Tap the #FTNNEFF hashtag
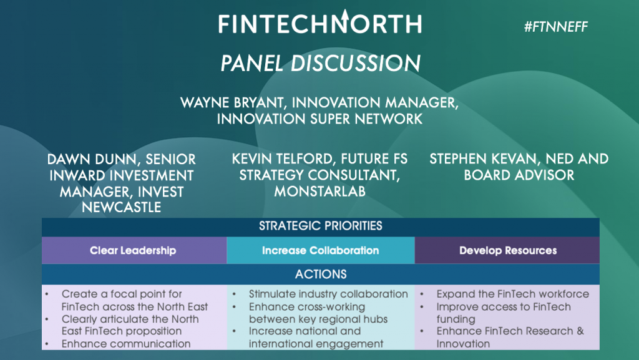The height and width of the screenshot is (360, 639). click(556, 27)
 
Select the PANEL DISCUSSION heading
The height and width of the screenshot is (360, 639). click(320, 63)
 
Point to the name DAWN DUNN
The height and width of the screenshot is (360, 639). click(92, 159)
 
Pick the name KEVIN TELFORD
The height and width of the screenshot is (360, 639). click(283, 159)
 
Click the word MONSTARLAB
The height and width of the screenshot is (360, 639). click(320, 191)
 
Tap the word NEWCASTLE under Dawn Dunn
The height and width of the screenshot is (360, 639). click(122, 207)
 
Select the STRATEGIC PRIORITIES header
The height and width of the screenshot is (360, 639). click(321, 226)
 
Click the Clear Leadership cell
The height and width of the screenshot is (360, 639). click(134, 250)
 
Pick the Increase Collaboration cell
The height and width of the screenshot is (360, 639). click(321, 250)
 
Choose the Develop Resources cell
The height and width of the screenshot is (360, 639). click(507, 250)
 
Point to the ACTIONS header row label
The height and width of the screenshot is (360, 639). click(321, 274)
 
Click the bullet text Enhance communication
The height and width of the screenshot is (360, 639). click(126, 344)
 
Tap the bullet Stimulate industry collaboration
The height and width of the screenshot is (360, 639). click(328, 294)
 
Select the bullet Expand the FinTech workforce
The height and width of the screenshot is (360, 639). click(513, 294)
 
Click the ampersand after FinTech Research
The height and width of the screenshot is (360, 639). click(580, 331)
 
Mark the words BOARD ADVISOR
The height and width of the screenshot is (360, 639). click(519, 175)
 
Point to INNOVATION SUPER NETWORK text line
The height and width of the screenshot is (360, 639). click(320, 119)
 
